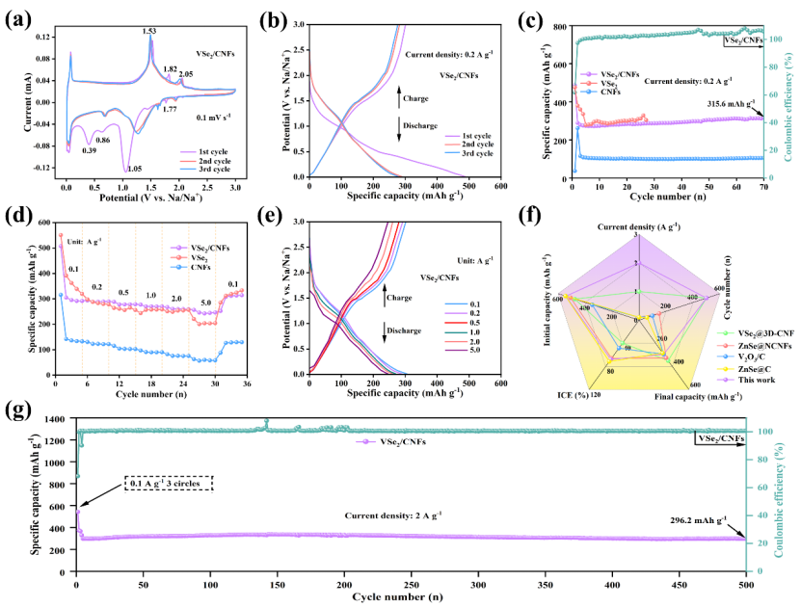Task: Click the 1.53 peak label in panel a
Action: point(149,31)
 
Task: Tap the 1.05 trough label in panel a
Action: point(123,167)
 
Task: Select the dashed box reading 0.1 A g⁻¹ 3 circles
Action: point(168,483)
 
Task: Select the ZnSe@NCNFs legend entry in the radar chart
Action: point(762,333)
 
